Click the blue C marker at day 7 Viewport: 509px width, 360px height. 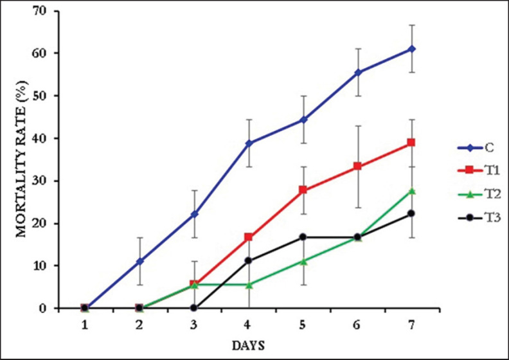click(411, 49)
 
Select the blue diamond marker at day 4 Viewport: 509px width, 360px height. click(248, 143)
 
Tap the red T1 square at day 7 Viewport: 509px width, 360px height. click(411, 142)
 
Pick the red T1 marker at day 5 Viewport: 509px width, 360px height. click(303, 190)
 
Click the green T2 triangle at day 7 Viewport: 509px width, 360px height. click(411, 191)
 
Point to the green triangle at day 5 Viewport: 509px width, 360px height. click(303, 261)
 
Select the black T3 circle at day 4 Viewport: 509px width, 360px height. click(248, 261)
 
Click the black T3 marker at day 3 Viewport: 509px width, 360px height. click(193, 308)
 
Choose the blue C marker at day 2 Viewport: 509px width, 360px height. click(139, 261)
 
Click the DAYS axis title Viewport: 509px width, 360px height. click(248, 345)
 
